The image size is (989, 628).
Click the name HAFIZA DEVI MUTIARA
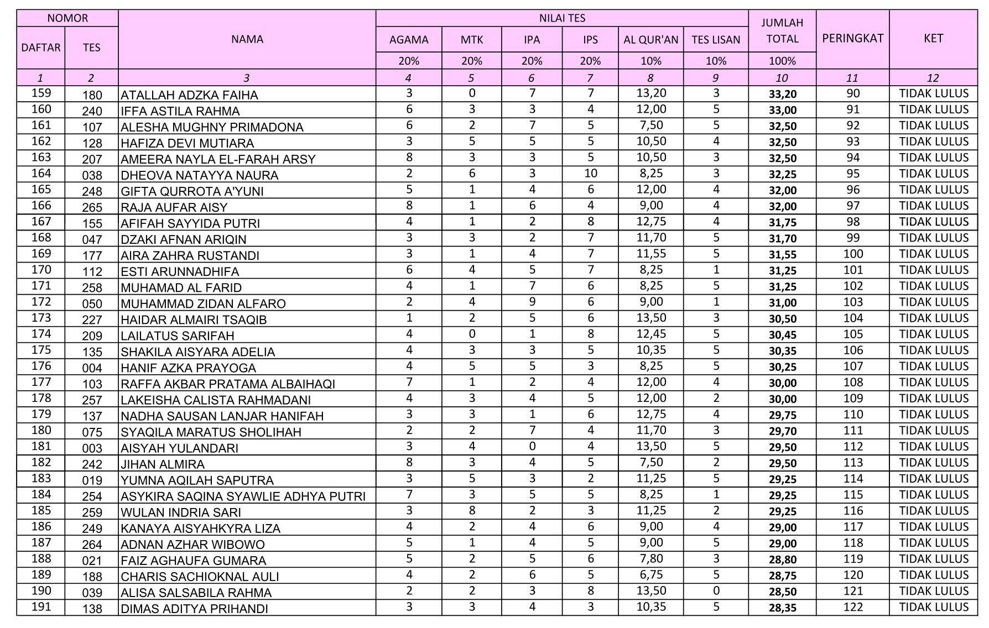(x=188, y=143)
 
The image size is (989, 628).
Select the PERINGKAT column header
(x=852, y=38)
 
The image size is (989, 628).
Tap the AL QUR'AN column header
(x=650, y=39)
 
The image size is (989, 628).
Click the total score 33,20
(x=782, y=94)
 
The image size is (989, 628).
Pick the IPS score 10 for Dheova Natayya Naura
(x=590, y=173)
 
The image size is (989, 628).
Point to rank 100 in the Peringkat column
(x=853, y=254)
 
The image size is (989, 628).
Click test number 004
(x=92, y=368)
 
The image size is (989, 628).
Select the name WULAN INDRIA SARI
(x=181, y=512)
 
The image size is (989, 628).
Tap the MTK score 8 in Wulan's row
(x=471, y=510)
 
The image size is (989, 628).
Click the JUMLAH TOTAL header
(x=782, y=31)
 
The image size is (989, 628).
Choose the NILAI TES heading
(x=562, y=18)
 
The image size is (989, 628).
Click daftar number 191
(x=41, y=606)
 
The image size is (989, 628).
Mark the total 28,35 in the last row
(x=782, y=608)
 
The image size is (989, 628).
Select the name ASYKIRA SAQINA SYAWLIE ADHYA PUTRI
(x=243, y=496)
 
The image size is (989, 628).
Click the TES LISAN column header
(x=716, y=39)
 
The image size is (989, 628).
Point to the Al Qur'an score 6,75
(x=650, y=574)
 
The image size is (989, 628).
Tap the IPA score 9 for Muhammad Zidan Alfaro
(x=532, y=302)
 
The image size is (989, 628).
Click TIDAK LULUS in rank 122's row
(x=933, y=607)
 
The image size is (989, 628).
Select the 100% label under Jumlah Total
(x=782, y=61)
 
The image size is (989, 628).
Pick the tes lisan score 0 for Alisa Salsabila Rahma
(x=716, y=590)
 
